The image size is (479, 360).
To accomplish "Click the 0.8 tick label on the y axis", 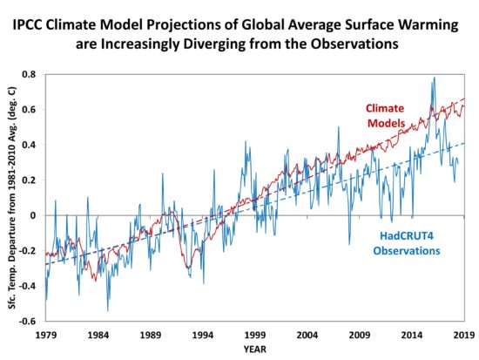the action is coord(30,74).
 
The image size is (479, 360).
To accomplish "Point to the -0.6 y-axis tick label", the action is coord(28,321).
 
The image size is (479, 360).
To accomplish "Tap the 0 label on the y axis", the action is coord(33,215).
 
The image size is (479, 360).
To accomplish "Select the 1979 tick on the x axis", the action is coord(46,335).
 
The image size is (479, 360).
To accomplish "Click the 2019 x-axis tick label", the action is coord(464,335).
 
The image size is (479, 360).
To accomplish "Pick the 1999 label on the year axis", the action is coord(255,335).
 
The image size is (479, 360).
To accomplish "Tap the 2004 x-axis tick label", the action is coord(307,335).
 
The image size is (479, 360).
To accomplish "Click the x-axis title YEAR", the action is coord(255,349).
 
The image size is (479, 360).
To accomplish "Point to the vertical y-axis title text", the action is coord(12,198).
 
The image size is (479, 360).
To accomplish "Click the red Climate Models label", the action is coord(385,116).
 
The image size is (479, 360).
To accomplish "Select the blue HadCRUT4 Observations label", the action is coord(407,243).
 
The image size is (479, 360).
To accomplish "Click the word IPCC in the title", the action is coord(29,25).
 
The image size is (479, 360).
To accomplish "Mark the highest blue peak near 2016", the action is coord(434,78).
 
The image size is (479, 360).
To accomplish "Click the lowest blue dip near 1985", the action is coord(108,310).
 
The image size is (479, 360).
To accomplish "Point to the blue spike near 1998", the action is coord(246,141).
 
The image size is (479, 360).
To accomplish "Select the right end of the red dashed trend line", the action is coord(464,98).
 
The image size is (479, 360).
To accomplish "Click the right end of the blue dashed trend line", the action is coord(464,143).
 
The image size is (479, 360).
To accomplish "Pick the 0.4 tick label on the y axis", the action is coord(30,145).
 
